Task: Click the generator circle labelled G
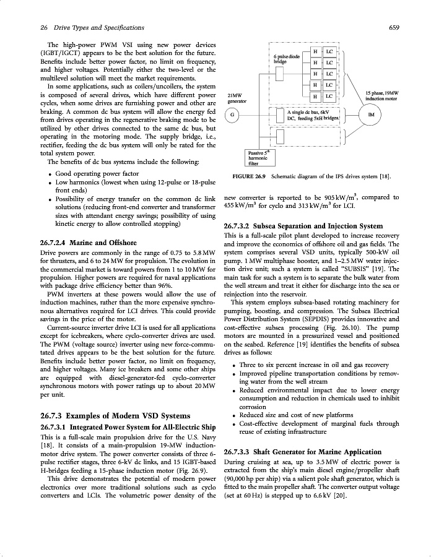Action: tap(232, 116)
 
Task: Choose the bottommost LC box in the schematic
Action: tap(329, 97)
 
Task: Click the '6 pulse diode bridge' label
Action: tap(285, 59)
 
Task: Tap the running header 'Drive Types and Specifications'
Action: tap(98, 27)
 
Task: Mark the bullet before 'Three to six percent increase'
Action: tap(232, 365)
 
